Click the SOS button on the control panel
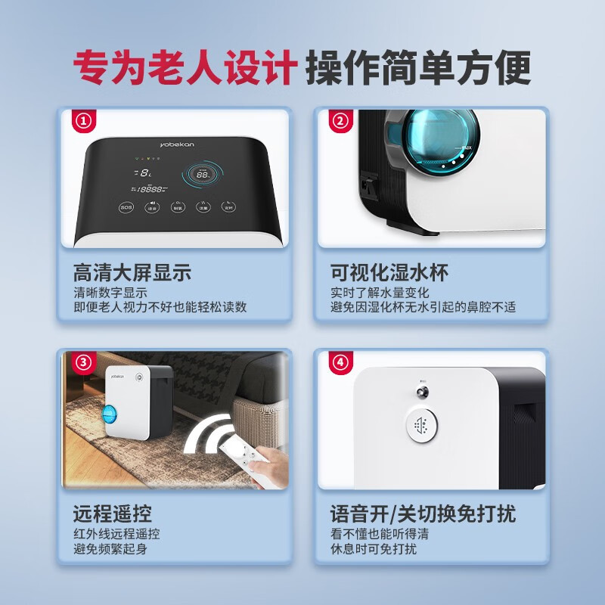coord(126,206)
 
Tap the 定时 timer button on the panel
coord(228,206)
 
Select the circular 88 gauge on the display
coord(203,174)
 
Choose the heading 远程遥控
coord(113,515)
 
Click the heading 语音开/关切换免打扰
coord(423,515)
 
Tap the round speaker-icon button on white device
coord(421,426)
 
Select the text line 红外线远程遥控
coord(116,535)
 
